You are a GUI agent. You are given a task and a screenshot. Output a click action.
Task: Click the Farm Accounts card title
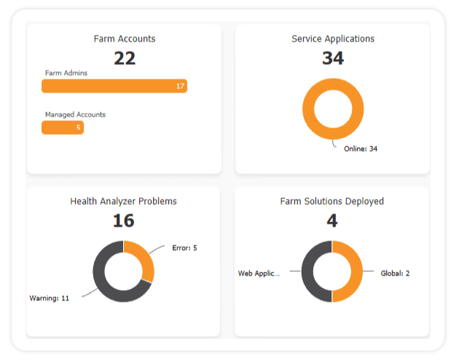click(124, 39)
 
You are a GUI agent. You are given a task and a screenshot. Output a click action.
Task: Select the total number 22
click(124, 58)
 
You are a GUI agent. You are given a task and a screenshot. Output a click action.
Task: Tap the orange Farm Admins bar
click(109, 86)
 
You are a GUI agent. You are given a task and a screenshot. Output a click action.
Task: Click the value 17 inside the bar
click(180, 86)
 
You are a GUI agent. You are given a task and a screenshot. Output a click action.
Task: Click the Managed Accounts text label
click(75, 114)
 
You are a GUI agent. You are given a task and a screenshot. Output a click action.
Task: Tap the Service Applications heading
click(332, 39)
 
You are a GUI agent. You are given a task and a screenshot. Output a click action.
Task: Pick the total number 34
click(332, 58)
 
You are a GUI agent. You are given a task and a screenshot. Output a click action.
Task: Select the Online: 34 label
click(361, 149)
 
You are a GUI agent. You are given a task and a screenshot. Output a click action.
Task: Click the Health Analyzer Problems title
click(123, 201)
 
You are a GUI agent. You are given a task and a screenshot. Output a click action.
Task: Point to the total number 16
click(123, 221)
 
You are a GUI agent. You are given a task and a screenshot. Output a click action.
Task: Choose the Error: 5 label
click(184, 248)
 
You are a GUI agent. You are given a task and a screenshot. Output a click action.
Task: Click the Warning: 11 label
click(49, 298)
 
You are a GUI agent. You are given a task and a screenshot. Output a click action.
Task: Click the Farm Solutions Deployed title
click(331, 201)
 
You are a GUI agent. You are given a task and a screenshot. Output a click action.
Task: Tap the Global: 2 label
click(395, 273)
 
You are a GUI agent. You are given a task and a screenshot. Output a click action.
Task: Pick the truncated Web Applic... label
click(259, 273)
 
